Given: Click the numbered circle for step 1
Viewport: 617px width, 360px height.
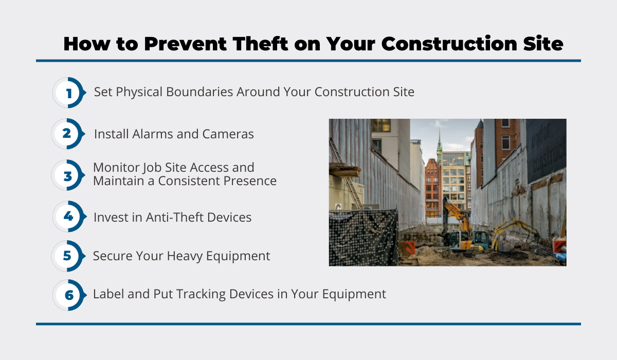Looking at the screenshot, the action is click(69, 93).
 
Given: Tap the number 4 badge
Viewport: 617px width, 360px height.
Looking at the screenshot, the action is click(69, 217).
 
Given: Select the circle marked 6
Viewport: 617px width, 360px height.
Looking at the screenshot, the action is click(69, 295).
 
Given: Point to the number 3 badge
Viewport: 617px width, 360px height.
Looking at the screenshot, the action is click(68, 175).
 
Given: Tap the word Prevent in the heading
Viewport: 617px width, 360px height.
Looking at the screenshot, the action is click(186, 44).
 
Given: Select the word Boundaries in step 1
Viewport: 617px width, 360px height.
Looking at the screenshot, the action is click(199, 92).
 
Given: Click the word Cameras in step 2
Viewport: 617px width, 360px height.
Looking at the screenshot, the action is click(228, 134).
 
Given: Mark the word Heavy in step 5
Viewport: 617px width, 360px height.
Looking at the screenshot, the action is click(185, 256).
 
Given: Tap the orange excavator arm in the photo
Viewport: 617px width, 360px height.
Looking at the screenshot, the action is click(457, 215).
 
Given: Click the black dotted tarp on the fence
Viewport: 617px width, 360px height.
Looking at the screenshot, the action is click(364, 238).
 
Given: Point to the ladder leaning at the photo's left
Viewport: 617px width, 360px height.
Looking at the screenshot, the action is click(346, 174).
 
